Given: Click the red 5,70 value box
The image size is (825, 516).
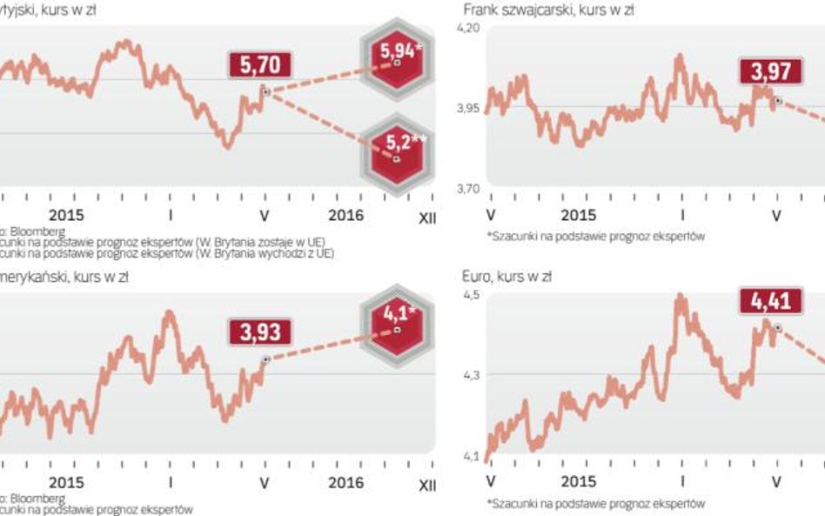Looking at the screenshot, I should (x=260, y=64).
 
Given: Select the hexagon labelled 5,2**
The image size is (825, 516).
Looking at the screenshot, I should (x=396, y=147).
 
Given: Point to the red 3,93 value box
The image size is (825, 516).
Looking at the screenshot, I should (x=260, y=332).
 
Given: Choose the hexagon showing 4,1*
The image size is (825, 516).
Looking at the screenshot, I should (x=397, y=318).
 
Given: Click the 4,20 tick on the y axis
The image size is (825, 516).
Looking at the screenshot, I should (x=468, y=29).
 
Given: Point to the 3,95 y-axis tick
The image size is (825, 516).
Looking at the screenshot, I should (x=468, y=109).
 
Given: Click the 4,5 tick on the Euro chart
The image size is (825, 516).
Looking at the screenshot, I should (x=471, y=296).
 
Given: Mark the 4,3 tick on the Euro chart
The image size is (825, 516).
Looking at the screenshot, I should (x=471, y=375).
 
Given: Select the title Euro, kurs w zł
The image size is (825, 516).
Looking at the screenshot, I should (x=506, y=277).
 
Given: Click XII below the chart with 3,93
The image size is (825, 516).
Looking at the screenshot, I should (x=427, y=483).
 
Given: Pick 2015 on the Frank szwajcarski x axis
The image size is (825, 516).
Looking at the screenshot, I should (x=579, y=215).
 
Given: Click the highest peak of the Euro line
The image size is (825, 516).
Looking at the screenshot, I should (x=680, y=297).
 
